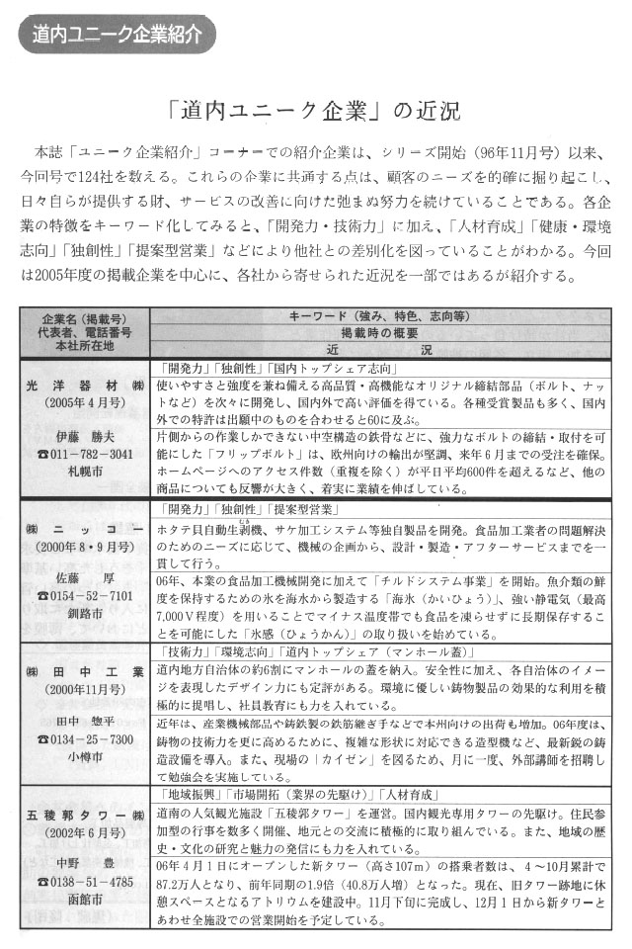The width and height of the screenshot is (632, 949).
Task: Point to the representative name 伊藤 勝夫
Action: pos(85,435)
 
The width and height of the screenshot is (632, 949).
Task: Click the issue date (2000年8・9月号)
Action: pos(85,546)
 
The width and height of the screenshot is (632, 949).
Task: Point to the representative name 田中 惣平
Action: pos(85,721)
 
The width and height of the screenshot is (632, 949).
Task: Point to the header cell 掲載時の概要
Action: pos(379,333)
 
